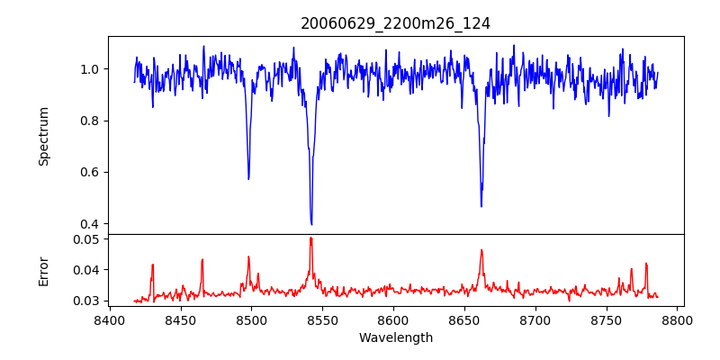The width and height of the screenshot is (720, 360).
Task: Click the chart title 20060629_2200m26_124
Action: point(395,23)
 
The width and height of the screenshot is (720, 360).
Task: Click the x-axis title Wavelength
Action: point(395,337)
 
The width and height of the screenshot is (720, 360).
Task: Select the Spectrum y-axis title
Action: point(43,136)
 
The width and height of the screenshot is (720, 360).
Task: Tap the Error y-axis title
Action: point(43,271)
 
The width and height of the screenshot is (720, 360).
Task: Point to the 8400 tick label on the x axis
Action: point(109,319)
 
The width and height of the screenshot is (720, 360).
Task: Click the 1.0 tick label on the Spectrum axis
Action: point(90,69)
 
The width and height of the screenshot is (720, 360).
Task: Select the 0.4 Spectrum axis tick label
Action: point(90,224)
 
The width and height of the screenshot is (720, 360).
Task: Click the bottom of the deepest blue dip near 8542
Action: point(311,224)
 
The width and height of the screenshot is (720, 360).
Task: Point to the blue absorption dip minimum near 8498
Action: point(248,179)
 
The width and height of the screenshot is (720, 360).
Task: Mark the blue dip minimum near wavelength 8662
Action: point(481,206)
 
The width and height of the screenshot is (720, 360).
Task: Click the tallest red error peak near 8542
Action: point(310,238)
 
